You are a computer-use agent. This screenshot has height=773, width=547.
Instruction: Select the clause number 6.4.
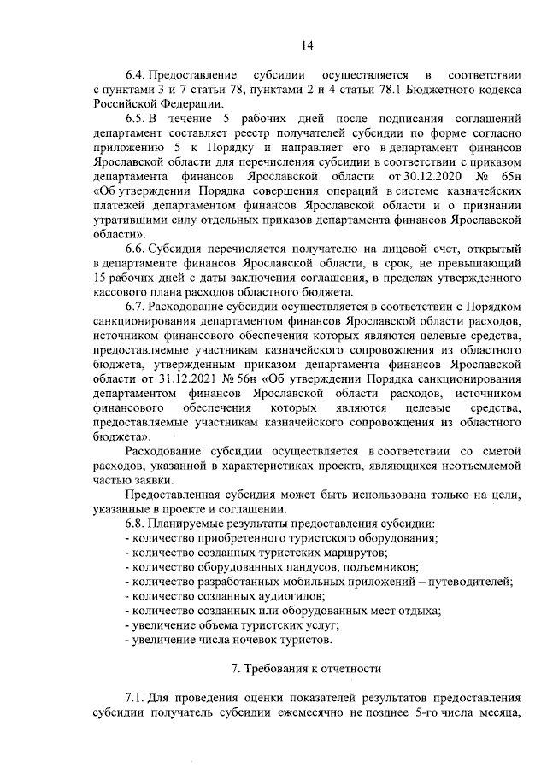pyautogui.click(x=137, y=74)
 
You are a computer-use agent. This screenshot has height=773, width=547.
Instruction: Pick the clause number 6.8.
pyautogui.click(x=137, y=522)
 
